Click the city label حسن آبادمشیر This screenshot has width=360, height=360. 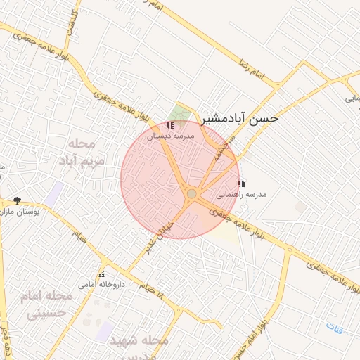pos(240,118)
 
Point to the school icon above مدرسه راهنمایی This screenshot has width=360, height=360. pos(241,184)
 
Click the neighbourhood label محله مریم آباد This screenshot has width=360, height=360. pos(86,152)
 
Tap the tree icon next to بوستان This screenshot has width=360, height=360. pos(18,200)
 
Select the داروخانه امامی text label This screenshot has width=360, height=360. pos(101,285)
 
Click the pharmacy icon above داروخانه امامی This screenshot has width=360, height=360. pos(101,274)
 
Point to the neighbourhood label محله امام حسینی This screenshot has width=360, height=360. pos(49,304)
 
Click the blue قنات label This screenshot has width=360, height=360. pos(333,326)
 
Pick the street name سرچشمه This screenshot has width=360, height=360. pos(226,149)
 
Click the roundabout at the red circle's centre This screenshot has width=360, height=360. pos(191,193)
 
